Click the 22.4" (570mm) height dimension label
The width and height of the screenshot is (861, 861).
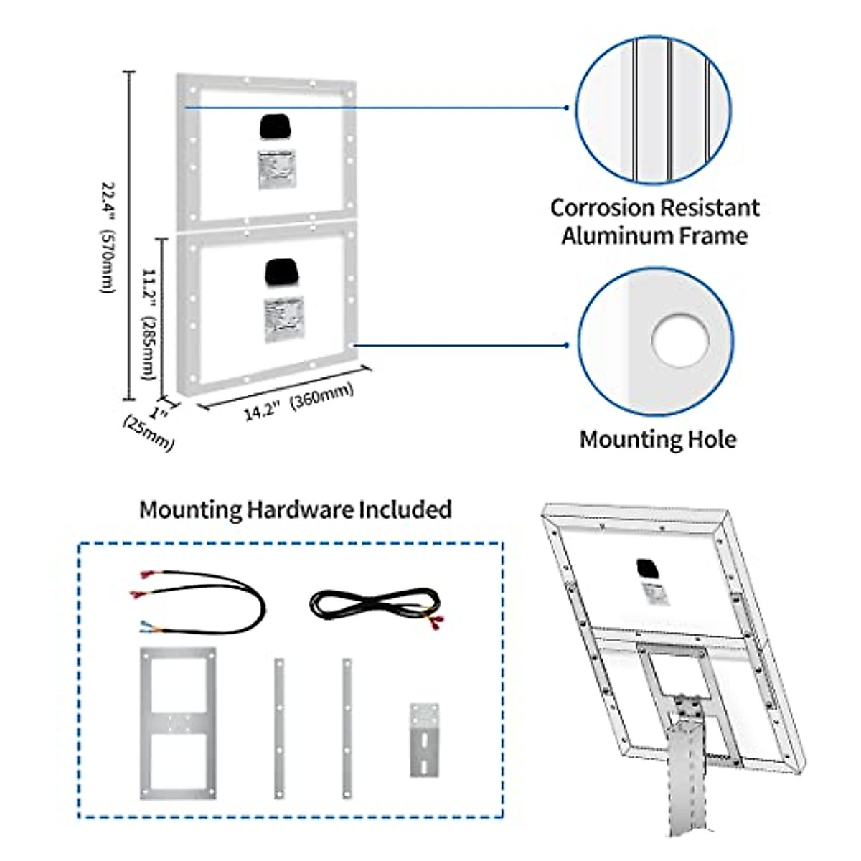(x=107, y=237)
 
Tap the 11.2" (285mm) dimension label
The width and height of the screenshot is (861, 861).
(x=149, y=324)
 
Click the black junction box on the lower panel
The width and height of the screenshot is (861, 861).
(x=281, y=272)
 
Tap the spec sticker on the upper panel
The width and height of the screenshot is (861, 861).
(x=277, y=169)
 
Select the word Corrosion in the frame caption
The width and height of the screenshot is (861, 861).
(x=601, y=208)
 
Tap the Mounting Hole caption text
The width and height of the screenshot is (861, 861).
(x=658, y=439)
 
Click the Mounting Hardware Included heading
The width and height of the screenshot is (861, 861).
(x=296, y=509)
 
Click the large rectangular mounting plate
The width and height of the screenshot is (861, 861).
(x=178, y=723)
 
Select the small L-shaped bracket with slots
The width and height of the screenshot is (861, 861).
(x=424, y=739)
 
